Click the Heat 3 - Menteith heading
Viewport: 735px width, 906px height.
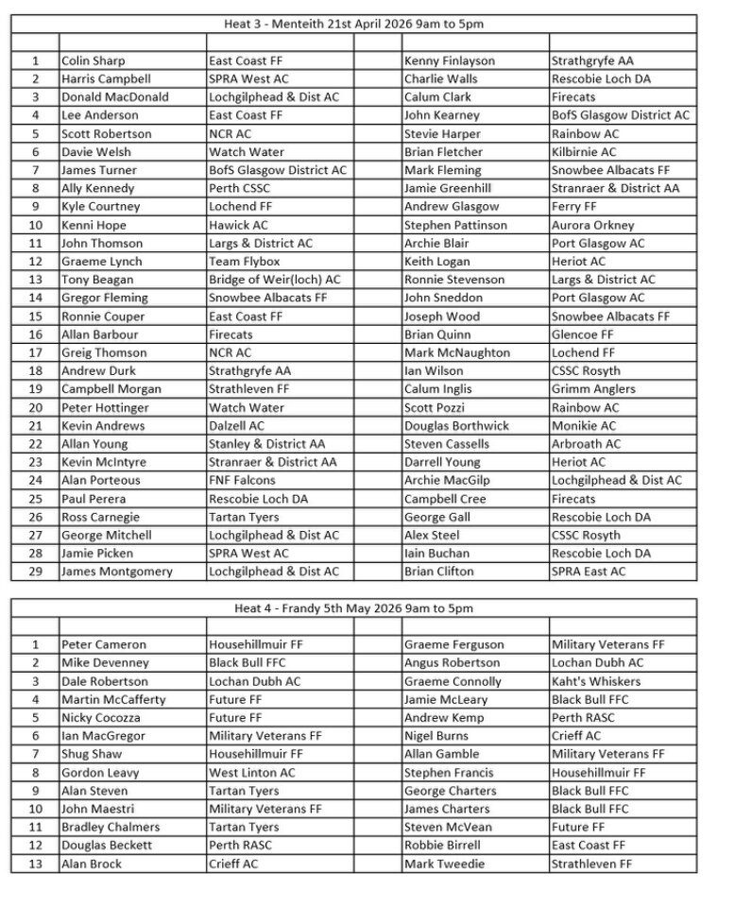(354, 24)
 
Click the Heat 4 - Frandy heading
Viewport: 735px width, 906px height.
(354, 608)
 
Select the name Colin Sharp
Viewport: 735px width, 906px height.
(94, 60)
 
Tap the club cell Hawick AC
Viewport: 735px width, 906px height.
(238, 225)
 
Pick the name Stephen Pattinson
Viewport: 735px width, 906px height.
(455, 225)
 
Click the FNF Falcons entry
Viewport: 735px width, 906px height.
(242, 480)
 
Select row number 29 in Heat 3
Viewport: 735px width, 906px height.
(35, 572)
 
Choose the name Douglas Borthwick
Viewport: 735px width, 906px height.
(456, 426)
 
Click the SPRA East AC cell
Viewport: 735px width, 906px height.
(589, 572)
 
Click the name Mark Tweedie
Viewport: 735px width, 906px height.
(444, 863)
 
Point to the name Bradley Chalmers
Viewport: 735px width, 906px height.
(111, 828)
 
